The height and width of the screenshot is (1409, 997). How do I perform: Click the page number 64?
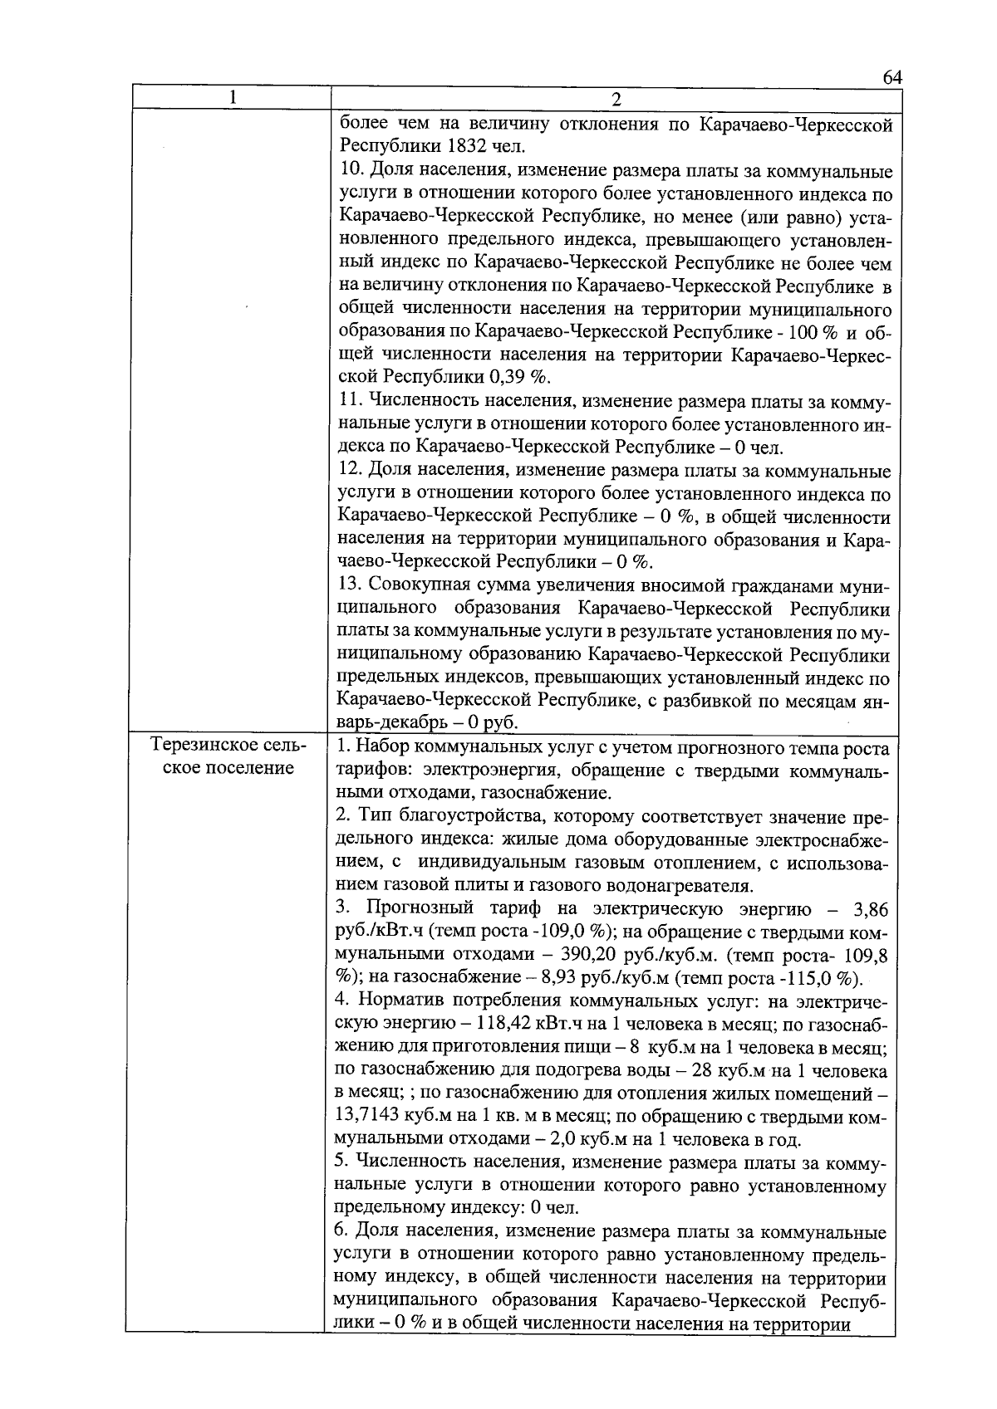pyautogui.click(x=891, y=77)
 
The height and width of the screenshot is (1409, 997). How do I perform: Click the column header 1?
pyautogui.click(x=233, y=98)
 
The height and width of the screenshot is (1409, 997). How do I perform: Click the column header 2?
pyautogui.click(x=616, y=100)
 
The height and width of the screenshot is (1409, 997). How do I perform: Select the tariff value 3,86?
pyautogui.click(x=871, y=908)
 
